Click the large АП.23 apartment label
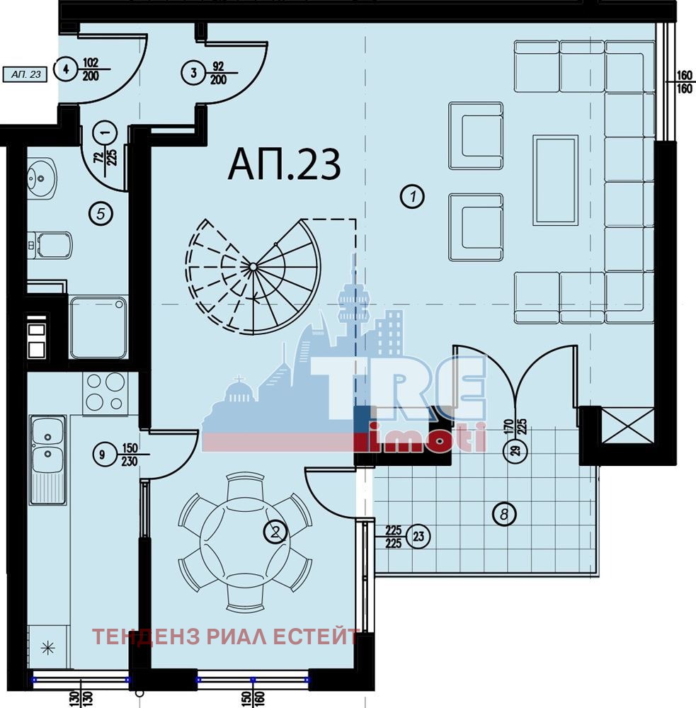click(284, 165)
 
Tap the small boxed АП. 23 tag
click(25, 74)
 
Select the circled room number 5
click(101, 213)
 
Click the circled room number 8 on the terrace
click(504, 514)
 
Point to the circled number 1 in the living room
click(412, 196)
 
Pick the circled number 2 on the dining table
click(275, 532)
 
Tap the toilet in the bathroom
click(50, 245)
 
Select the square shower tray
click(98, 327)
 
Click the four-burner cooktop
click(105, 393)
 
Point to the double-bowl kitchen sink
click(48, 459)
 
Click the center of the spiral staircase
click(253, 268)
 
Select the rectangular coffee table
click(555, 180)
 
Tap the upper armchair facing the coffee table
click(476, 135)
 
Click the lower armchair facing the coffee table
click(476, 227)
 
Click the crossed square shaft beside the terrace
click(628, 426)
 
